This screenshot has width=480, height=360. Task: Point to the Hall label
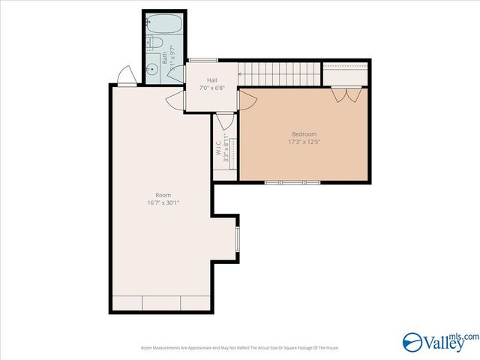[213, 79]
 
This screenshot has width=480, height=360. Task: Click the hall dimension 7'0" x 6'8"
[213, 88]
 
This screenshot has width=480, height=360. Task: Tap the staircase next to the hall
[279, 73]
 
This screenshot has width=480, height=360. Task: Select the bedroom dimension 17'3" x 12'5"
[303, 142]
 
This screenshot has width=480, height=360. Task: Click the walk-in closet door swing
[224, 122]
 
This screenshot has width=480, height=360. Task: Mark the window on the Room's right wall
[238, 239]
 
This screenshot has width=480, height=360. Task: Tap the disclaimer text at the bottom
[239, 348]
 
